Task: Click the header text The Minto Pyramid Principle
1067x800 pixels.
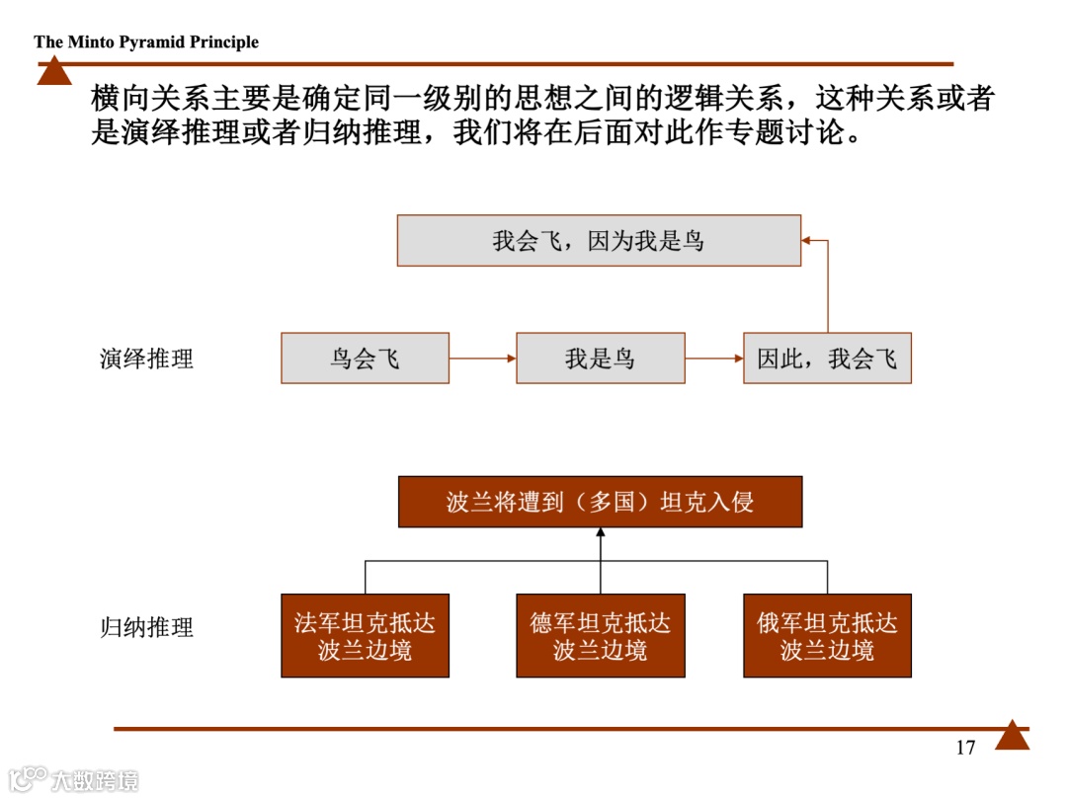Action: [x=146, y=41]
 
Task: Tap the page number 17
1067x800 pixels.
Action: [x=965, y=748]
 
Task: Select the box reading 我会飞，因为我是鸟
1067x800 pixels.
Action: [x=599, y=241]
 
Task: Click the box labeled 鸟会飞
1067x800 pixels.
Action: [x=365, y=358]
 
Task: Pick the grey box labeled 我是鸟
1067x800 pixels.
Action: [x=600, y=358]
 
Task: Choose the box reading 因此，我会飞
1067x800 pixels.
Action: [x=827, y=358]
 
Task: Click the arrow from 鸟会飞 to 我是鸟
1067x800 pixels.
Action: [x=482, y=359]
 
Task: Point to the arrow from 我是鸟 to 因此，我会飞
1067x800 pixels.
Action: [x=713, y=359]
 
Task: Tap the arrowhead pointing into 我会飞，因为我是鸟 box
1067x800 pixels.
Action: [x=806, y=240]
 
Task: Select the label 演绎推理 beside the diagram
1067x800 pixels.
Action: [x=146, y=359]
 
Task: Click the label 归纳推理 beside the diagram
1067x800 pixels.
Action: [x=146, y=627]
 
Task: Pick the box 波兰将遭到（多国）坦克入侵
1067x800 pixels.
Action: [x=600, y=502]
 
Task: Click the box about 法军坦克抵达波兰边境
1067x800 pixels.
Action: [x=365, y=636]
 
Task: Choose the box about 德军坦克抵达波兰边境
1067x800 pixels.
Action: [x=600, y=636]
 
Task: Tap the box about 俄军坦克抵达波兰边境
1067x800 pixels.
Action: [x=827, y=636]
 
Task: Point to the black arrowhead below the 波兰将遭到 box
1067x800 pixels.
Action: [x=600, y=534]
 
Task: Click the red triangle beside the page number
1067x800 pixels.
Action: [x=1012, y=737]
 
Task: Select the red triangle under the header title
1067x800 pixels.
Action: [x=54, y=72]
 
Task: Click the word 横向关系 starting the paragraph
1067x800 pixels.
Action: [x=135, y=99]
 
